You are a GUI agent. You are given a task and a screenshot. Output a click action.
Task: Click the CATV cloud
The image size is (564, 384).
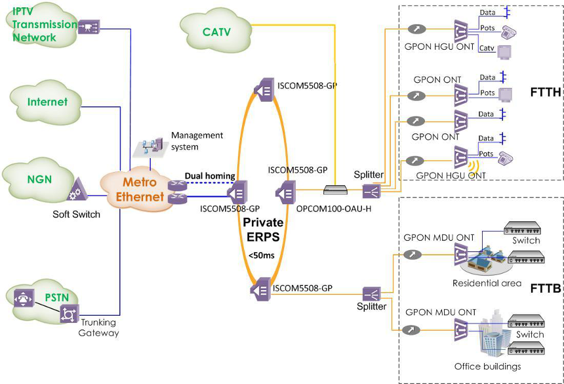(x=216, y=32)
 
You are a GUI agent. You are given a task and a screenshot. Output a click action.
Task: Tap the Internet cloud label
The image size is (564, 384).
(x=47, y=102)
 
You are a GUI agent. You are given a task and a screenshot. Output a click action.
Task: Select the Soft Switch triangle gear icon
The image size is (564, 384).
(x=77, y=189)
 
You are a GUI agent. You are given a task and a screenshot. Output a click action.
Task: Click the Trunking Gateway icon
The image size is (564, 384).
(x=69, y=314)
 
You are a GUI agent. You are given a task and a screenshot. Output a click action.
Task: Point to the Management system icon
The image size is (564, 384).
(x=150, y=148)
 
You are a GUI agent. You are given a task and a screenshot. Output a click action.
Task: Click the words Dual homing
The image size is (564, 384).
(x=210, y=176)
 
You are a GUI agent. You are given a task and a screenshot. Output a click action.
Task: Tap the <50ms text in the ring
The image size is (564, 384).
(x=262, y=255)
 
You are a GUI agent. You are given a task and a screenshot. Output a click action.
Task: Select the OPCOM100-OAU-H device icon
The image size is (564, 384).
(x=335, y=190)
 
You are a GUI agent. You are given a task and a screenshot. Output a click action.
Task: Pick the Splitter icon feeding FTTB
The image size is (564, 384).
(x=371, y=294)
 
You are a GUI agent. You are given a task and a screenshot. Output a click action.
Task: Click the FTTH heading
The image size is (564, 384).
(x=545, y=93)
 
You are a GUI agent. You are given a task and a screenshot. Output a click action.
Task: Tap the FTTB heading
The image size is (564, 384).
(x=545, y=288)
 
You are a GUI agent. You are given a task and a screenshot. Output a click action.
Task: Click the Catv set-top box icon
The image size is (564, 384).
(x=504, y=52)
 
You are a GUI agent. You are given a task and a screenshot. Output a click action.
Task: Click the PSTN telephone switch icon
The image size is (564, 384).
(x=24, y=299)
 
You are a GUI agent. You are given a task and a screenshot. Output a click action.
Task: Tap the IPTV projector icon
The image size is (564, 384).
(x=89, y=27)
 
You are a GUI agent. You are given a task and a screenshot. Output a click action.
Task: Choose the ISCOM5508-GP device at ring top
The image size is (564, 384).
(x=264, y=89)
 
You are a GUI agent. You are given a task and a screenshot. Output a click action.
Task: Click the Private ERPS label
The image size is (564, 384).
(x=263, y=229)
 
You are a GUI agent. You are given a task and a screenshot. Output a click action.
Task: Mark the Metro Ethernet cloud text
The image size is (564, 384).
(x=140, y=189)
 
